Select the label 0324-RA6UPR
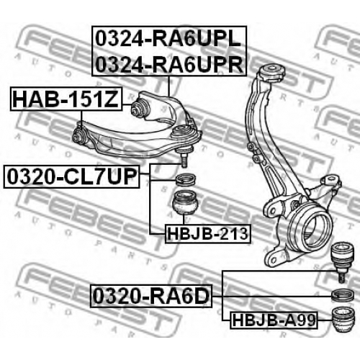[x=169, y=64]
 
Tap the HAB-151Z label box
[x=66, y=99]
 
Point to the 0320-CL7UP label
[x=71, y=176]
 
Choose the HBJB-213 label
[x=207, y=233]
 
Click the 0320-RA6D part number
[x=151, y=296]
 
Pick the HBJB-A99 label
[x=274, y=320]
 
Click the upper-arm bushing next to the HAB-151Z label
[x=139, y=108]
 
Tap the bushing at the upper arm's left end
[x=78, y=135]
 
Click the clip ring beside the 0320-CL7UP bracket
[x=186, y=179]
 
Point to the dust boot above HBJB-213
[x=186, y=202]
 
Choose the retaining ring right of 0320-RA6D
[x=343, y=295]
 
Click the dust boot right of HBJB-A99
[x=343, y=320]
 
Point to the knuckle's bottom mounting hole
[x=274, y=259]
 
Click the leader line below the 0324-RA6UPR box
[x=168, y=86]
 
